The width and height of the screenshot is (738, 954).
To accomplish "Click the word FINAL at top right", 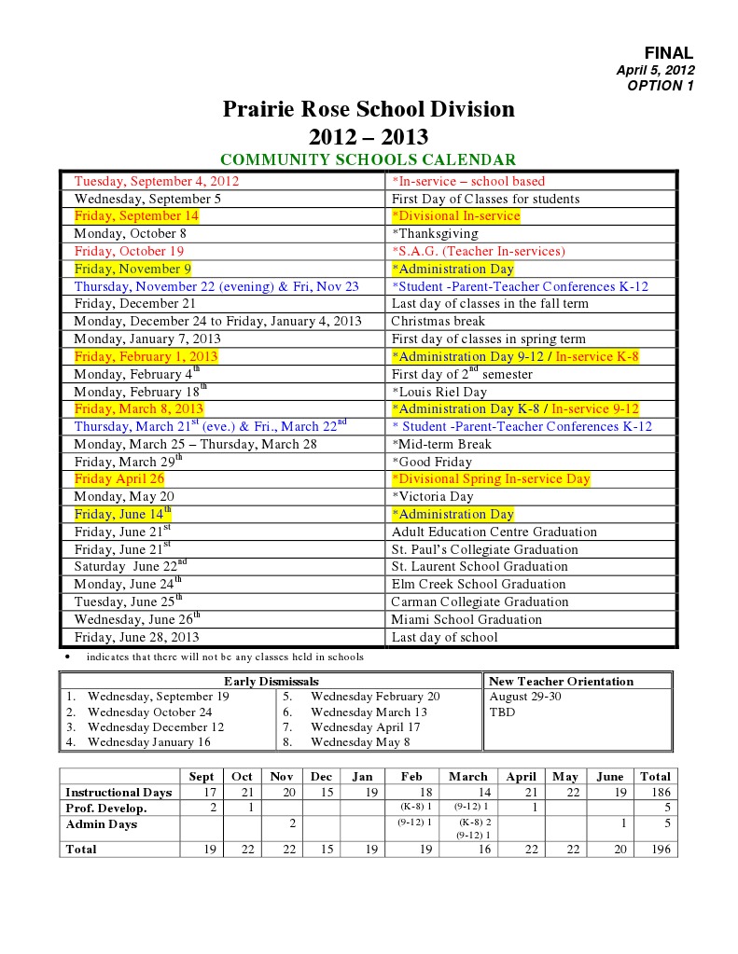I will (669, 53).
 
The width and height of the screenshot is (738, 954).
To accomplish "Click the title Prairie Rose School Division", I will (369, 110).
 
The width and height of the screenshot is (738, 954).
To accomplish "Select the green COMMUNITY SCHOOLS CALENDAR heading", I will (368, 160).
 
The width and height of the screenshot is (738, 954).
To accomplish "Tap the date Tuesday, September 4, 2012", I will (157, 181).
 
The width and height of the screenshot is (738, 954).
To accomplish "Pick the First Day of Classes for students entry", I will (485, 199).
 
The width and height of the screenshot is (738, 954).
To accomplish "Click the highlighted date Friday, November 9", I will (132, 269).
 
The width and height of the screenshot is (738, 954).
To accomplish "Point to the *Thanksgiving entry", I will (435, 233).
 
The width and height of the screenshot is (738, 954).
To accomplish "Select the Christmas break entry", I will (438, 321).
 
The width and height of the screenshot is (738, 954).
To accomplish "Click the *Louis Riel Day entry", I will (439, 392).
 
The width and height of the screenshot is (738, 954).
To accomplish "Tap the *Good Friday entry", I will (432, 462).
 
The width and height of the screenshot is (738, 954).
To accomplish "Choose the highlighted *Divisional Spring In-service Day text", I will (491, 478).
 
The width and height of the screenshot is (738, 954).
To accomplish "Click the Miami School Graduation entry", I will (466, 619).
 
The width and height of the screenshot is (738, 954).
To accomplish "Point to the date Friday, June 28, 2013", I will (136, 637).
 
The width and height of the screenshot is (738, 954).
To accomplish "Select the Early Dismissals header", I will (271, 681).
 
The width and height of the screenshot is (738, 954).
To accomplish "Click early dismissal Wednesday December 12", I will (156, 726).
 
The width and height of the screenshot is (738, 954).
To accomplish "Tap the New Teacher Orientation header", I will (561, 681).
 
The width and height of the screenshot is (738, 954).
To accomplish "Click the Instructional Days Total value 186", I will (655, 793).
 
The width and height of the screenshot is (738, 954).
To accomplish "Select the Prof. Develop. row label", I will (105, 808).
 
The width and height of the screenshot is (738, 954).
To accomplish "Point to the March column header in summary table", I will (467, 776).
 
